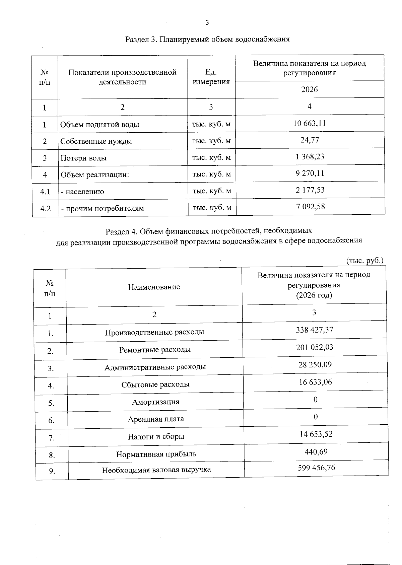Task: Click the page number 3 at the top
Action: (x=207, y=23)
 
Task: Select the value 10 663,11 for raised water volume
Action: (x=310, y=123)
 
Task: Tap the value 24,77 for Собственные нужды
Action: (x=310, y=140)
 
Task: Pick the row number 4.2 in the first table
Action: (x=45, y=208)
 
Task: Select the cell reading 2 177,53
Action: (x=310, y=190)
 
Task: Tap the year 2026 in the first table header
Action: (x=310, y=89)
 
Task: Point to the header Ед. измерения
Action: (x=211, y=77)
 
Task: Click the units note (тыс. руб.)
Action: (x=364, y=261)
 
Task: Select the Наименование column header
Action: (x=154, y=287)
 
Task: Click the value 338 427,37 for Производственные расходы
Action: (x=315, y=330)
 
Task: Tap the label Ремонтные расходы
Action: (x=155, y=350)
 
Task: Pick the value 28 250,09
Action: (x=315, y=364)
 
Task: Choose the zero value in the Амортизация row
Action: (x=315, y=399)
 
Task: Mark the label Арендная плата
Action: (x=156, y=419)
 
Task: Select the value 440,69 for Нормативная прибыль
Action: (x=316, y=451)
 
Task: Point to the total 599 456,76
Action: (x=316, y=468)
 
